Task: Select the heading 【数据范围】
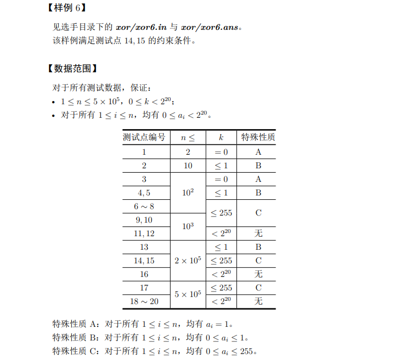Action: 72,68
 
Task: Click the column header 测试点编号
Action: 144,137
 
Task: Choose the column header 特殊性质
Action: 258,137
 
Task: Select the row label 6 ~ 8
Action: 144,206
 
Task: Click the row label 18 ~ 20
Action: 144,301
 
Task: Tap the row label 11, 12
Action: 144,233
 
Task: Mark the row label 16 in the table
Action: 144,274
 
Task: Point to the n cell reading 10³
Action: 188,226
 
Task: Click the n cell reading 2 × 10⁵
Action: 188,261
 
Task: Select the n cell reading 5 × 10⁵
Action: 188,294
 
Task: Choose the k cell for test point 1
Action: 221,153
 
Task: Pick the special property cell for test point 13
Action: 258,247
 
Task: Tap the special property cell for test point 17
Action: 258,288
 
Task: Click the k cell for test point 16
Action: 221,274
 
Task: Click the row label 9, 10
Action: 144,220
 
